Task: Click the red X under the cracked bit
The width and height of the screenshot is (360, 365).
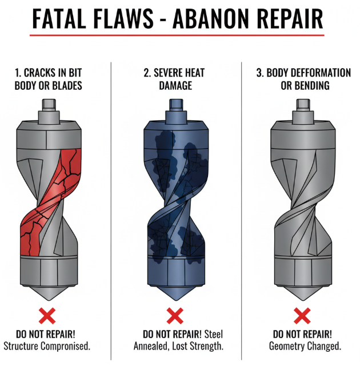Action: [x=47, y=315]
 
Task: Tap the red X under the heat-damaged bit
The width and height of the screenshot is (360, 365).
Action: [x=174, y=315]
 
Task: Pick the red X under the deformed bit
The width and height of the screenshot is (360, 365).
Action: [x=302, y=315]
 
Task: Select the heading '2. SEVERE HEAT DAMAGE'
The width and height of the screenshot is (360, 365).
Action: [x=174, y=80]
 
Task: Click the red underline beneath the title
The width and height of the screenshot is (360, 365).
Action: [x=177, y=35]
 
